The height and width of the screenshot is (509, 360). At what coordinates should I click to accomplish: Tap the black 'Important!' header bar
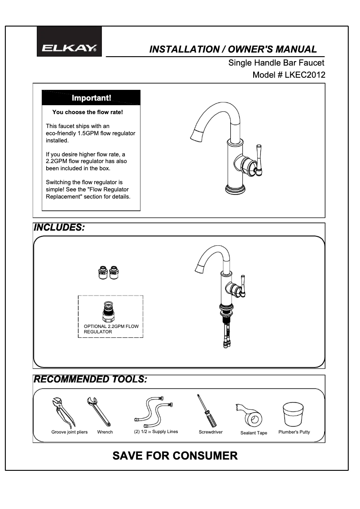(x=91, y=97)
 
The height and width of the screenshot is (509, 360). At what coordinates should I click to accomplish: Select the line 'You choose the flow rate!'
(x=88, y=112)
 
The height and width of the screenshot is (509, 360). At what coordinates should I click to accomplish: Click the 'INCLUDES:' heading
(x=59, y=227)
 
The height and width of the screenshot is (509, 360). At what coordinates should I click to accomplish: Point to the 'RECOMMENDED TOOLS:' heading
(x=90, y=379)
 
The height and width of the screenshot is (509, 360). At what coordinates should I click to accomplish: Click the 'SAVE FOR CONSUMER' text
(x=175, y=456)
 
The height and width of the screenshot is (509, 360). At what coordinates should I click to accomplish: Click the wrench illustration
(x=99, y=411)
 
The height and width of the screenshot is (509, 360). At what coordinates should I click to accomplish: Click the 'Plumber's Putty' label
(x=294, y=432)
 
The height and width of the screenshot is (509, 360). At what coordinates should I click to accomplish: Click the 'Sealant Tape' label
(x=254, y=433)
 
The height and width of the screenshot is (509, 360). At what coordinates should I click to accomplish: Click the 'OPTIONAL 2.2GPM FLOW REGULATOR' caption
(x=111, y=329)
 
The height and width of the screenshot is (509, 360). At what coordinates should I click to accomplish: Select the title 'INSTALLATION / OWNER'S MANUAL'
(x=233, y=49)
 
